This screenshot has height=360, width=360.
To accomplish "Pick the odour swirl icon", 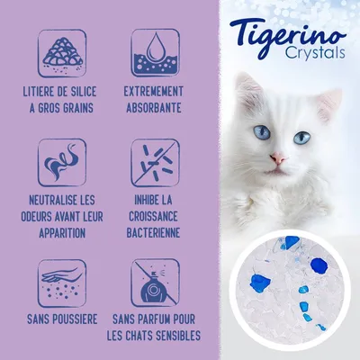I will (x=62, y=162).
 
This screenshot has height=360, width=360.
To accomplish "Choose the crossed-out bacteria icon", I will (x=154, y=162).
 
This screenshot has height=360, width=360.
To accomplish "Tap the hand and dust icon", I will (x=62, y=281).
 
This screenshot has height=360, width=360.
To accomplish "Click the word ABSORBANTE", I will (x=155, y=108).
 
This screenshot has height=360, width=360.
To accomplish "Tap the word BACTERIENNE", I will (x=155, y=231).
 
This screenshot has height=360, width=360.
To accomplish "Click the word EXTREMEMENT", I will (x=155, y=93).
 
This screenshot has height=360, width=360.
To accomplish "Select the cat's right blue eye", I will (x=302, y=136).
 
